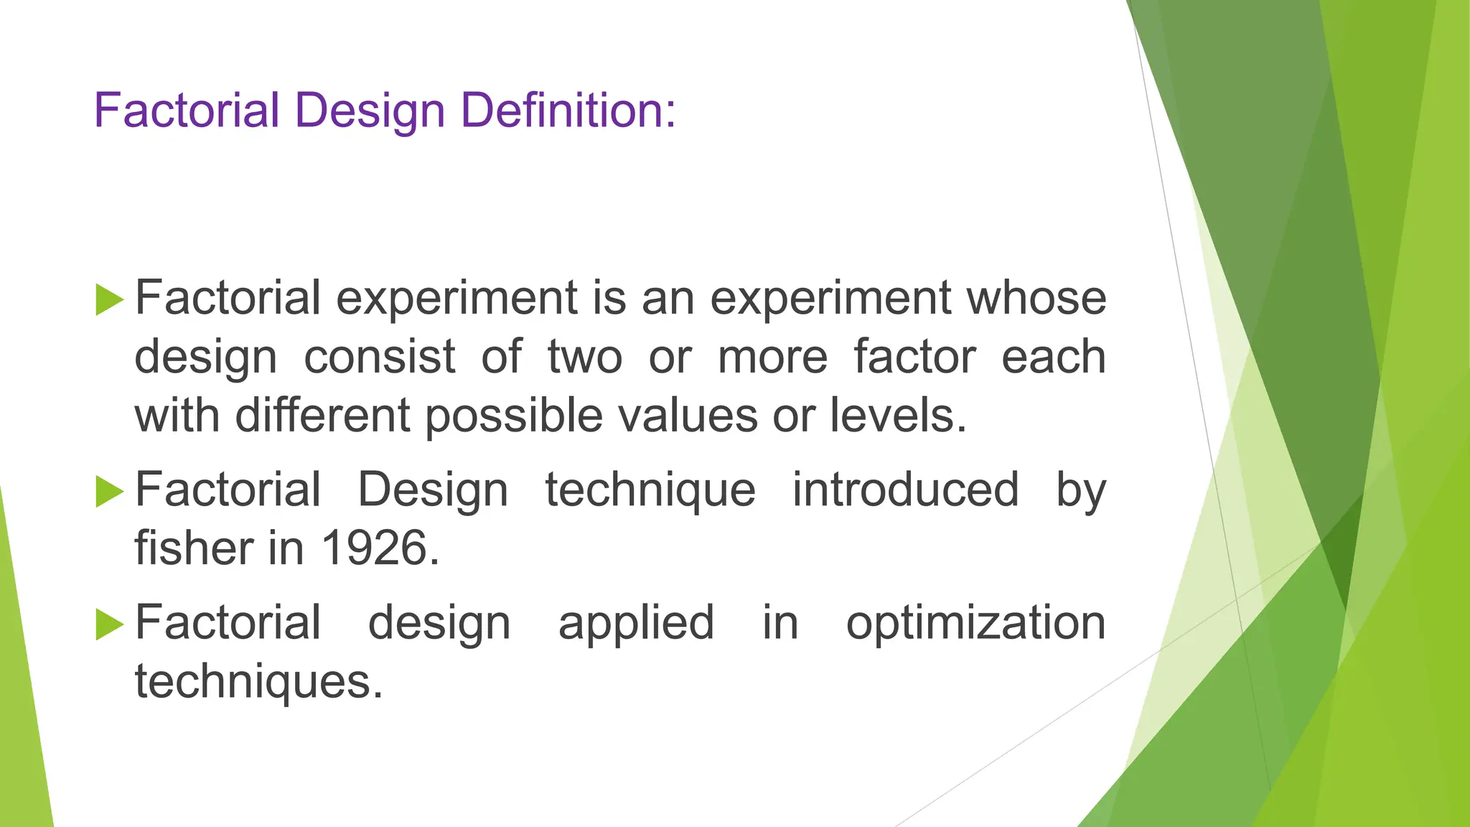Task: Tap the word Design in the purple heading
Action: click(x=370, y=112)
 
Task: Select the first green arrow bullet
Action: click(x=109, y=299)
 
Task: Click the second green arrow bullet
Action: click(x=109, y=492)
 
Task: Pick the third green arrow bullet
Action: click(x=109, y=624)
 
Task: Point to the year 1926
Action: click(x=380, y=548)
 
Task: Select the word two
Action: click(x=584, y=357)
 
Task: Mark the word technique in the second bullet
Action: click(x=650, y=490)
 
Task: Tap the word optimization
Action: click(x=975, y=622)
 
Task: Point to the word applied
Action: click(x=636, y=624)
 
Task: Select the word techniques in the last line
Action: click(x=259, y=683)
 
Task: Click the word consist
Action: click(x=379, y=357)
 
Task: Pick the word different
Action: click(x=323, y=416)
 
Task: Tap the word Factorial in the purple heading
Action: click(x=187, y=111)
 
